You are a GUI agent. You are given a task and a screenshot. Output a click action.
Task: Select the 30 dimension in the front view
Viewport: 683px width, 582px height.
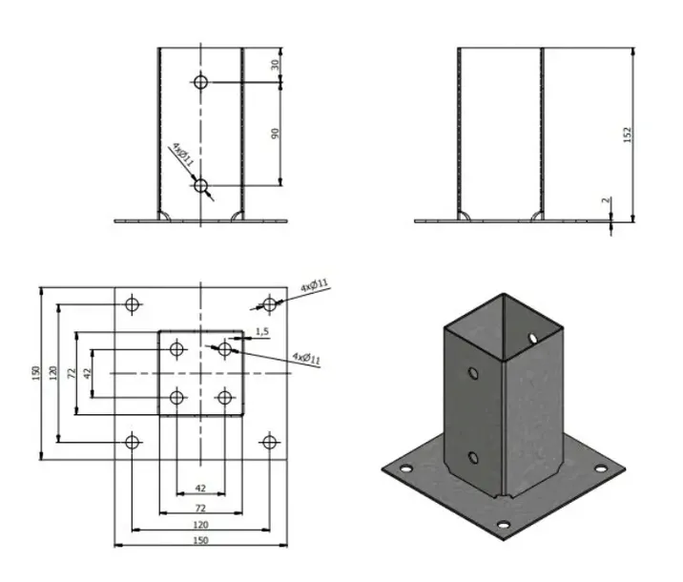click(277, 64)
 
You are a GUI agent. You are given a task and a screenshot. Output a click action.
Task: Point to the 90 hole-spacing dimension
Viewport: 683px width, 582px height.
click(277, 133)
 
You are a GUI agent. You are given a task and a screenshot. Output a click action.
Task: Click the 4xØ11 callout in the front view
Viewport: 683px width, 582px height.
click(183, 155)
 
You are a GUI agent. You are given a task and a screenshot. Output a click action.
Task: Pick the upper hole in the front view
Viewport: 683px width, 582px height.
click(200, 82)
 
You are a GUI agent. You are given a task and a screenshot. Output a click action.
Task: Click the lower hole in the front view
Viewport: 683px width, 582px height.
click(200, 185)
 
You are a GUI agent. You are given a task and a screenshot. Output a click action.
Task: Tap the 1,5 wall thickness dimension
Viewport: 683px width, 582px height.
click(263, 331)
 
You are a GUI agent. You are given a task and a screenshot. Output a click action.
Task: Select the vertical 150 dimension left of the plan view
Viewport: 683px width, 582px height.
click(35, 372)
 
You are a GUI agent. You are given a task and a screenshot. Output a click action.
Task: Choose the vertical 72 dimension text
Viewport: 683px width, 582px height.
click(72, 372)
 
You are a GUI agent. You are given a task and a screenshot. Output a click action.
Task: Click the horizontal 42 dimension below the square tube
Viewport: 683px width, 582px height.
click(200, 488)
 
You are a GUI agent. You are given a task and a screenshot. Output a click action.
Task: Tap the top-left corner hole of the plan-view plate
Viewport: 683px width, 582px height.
click(132, 304)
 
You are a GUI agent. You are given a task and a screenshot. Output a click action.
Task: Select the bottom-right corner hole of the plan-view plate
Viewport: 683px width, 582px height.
click(269, 441)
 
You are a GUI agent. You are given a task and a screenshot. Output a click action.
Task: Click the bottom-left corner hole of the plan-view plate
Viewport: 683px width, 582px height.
click(132, 441)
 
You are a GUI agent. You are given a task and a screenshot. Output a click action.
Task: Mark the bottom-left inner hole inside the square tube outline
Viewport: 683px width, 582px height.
click(176, 396)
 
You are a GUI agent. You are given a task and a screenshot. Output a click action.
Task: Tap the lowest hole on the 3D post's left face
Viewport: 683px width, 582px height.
click(473, 459)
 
